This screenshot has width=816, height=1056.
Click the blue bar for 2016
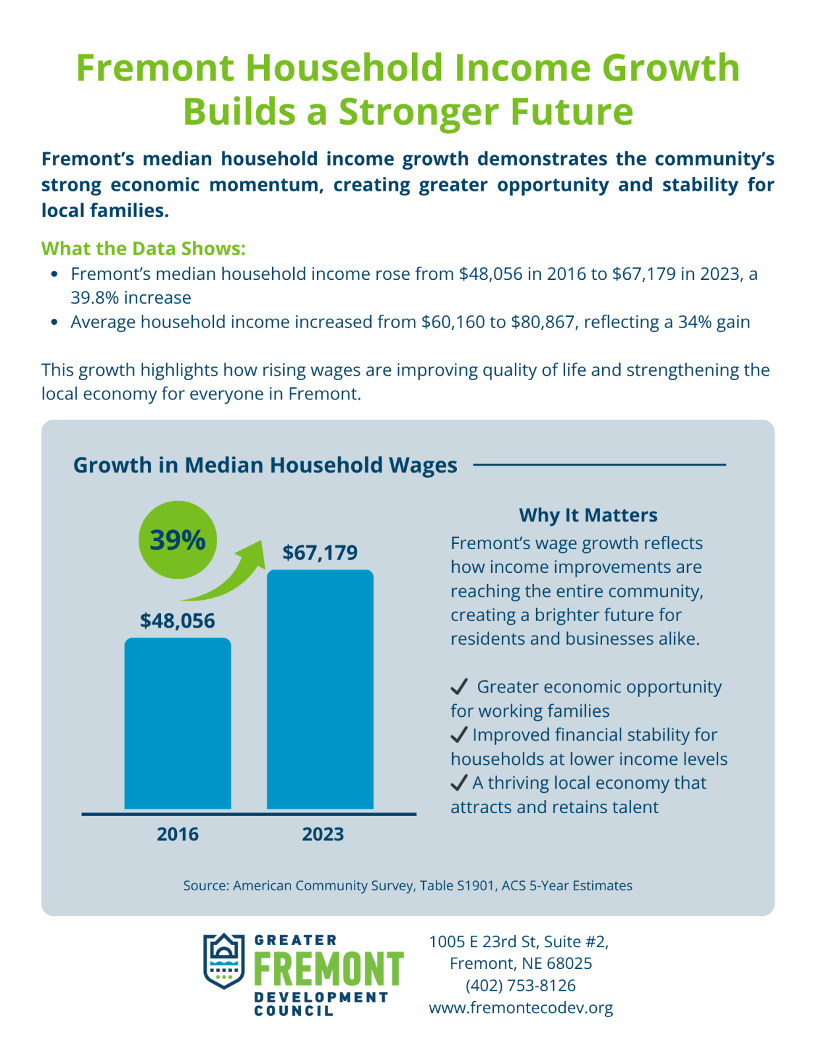point(178,723)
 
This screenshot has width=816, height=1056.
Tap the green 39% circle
point(178,539)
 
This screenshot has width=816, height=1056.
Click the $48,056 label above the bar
point(178,621)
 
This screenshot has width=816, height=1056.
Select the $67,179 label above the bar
point(320,553)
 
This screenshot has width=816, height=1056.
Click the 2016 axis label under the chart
point(178,834)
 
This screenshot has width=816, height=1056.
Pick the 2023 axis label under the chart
point(323,834)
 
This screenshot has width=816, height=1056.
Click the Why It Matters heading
point(588,515)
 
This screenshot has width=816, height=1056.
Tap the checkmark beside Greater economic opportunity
point(459,686)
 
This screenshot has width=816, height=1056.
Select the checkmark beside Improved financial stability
point(459,735)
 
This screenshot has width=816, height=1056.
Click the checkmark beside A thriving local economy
point(459,782)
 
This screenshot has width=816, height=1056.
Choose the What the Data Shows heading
point(143,248)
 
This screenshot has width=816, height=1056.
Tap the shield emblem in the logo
point(224,961)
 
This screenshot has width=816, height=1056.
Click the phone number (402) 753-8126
point(520,985)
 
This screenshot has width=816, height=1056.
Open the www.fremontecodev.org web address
point(520,1007)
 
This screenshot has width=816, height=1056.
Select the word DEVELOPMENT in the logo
point(321,997)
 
